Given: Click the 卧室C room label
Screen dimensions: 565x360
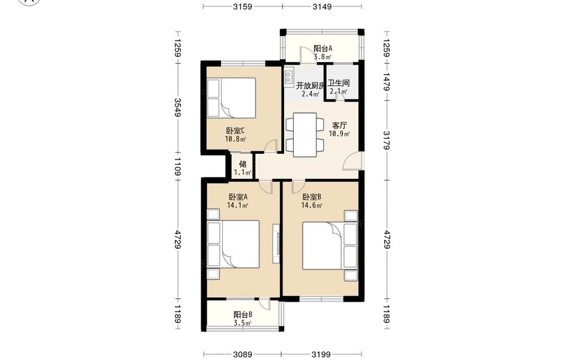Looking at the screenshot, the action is [236, 131].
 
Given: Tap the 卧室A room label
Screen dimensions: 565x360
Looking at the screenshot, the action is [238, 197].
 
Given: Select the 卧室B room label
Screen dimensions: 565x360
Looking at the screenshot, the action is [312, 197].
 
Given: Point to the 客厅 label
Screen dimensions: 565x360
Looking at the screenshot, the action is [340, 125].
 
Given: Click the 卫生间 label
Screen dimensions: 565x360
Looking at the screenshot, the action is [338, 83].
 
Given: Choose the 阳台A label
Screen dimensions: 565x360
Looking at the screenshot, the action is [323, 48].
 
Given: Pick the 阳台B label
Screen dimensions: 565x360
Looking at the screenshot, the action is [243, 315].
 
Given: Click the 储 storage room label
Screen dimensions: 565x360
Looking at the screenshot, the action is [243, 164].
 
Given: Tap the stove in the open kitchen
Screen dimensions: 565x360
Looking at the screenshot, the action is [289, 77].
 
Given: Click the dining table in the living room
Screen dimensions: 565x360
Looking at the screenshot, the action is [305, 135].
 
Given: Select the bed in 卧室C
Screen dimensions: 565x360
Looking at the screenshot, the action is [238, 98].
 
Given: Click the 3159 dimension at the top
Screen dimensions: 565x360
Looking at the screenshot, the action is [242, 6].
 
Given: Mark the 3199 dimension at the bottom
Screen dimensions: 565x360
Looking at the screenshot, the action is [321, 354].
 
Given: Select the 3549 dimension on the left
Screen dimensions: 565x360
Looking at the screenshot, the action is [177, 107].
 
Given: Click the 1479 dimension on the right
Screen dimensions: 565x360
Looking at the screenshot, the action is [386, 82].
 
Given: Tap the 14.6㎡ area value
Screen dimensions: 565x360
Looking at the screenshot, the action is [312, 205].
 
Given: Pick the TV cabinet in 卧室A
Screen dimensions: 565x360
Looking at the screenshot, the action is [276, 244].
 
